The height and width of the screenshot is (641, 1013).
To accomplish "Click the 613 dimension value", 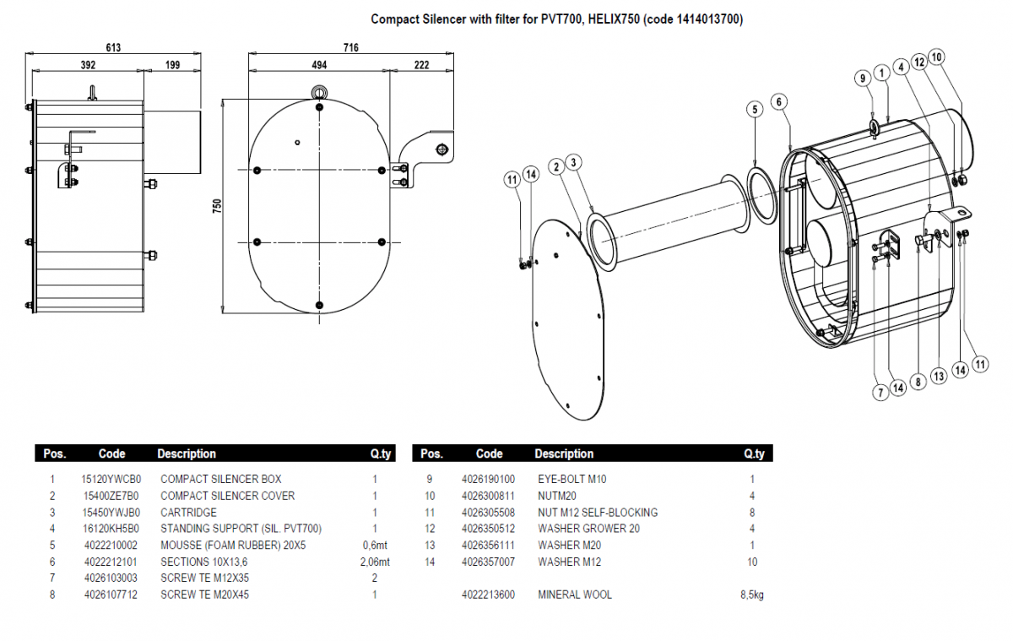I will pyautogui.click(x=113, y=48).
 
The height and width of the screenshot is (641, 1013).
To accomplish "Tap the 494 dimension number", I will pyautogui.click(x=318, y=65).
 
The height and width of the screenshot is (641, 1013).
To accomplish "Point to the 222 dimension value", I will pyautogui.click(x=422, y=65).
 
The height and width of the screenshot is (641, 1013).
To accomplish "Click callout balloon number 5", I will pyautogui.click(x=756, y=109).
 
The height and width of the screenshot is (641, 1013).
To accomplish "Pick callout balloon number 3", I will pyautogui.click(x=573, y=161).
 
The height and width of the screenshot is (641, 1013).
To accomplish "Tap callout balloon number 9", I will pyautogui.click(x=863, y=78).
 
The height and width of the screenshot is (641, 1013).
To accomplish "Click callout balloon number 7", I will pyautogui.click(x=879, y=392).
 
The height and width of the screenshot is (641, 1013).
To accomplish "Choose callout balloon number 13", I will pyautogui.click(x=939, y=377).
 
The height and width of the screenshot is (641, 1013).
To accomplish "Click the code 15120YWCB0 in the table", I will pyautogui.click(x=111, y=479).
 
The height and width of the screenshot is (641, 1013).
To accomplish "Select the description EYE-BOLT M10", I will pyautogui.click(x=572, y=479).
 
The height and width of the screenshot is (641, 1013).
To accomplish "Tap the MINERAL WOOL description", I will pyautogui.click(x=575, y=595).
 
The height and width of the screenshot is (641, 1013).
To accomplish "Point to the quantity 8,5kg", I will pyautogui.click(x=752, y=595).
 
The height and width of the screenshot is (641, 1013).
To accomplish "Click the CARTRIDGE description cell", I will pyautogui.click(x=188, y=512).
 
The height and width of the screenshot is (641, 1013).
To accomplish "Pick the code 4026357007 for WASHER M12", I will pyautogui.click(x=488, y=562).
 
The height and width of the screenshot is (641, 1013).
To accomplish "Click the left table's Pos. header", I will pyautogui.click(x=54, y=454).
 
